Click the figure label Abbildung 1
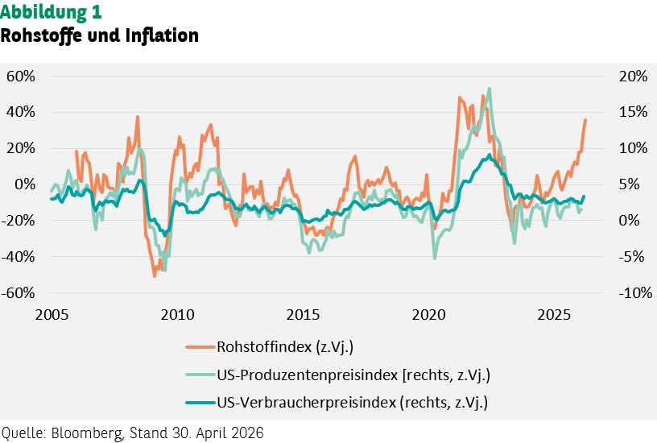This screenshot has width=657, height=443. click(51, 12)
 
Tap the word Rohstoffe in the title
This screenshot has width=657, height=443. click(42, 36)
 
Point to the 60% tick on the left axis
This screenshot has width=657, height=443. click(21, 77)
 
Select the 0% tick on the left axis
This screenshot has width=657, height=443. click(25, 184)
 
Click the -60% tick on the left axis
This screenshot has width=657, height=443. click(19, 292)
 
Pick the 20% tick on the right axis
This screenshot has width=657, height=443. click(633, 77)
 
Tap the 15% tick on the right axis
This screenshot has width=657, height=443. click(633, 112)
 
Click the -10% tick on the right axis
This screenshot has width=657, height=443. click(635, 292)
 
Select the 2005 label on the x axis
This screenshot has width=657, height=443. click(52, 315)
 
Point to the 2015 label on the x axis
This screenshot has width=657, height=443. click(303, 315)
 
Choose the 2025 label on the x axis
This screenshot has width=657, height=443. click(554, 315)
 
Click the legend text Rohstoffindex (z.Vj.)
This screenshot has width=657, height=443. click(285, 347)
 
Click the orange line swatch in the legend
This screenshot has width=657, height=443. click(200, 347)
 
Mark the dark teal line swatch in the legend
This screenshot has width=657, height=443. click(200, 403)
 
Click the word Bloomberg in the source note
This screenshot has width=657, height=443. click(88, 433)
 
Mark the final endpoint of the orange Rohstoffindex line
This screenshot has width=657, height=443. click(585, 120)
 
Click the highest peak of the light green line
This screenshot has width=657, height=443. click(490, 89)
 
